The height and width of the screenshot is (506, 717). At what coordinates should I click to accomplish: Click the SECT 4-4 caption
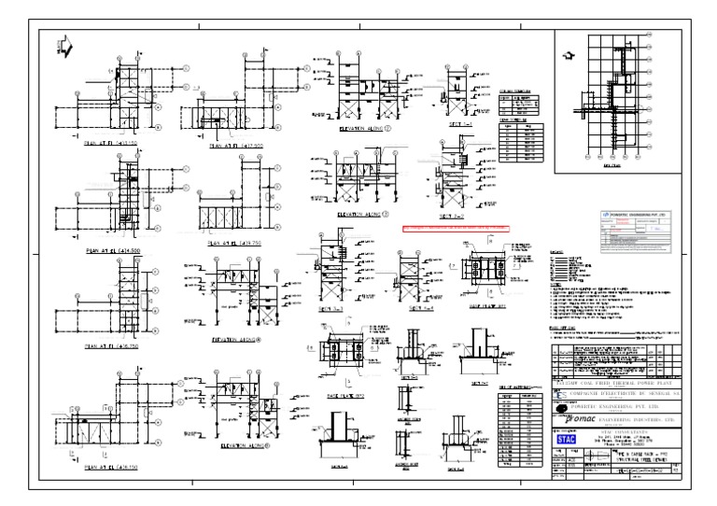pyautogui.click(x=413, y=308)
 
